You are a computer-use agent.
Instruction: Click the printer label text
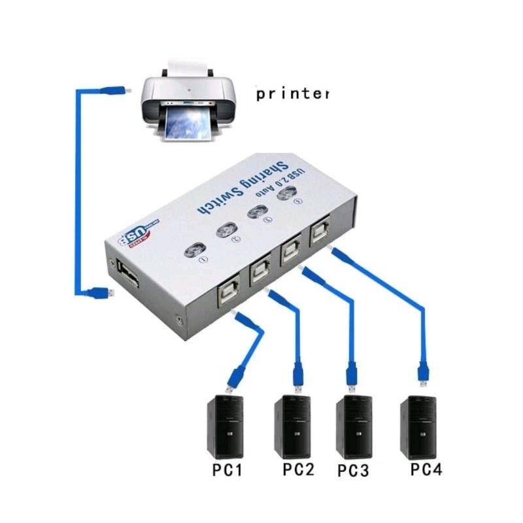pyautogui.click(x=292, y=94)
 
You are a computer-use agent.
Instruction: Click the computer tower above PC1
pyautogui.click(x=226, y=426)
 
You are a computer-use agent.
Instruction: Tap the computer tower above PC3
pyautogui.click(x=354, y=426)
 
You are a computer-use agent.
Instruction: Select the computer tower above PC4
pyautogui.click(x=418, y=426)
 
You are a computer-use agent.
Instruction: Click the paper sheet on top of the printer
pyautogui.click(x=189, y=65)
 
